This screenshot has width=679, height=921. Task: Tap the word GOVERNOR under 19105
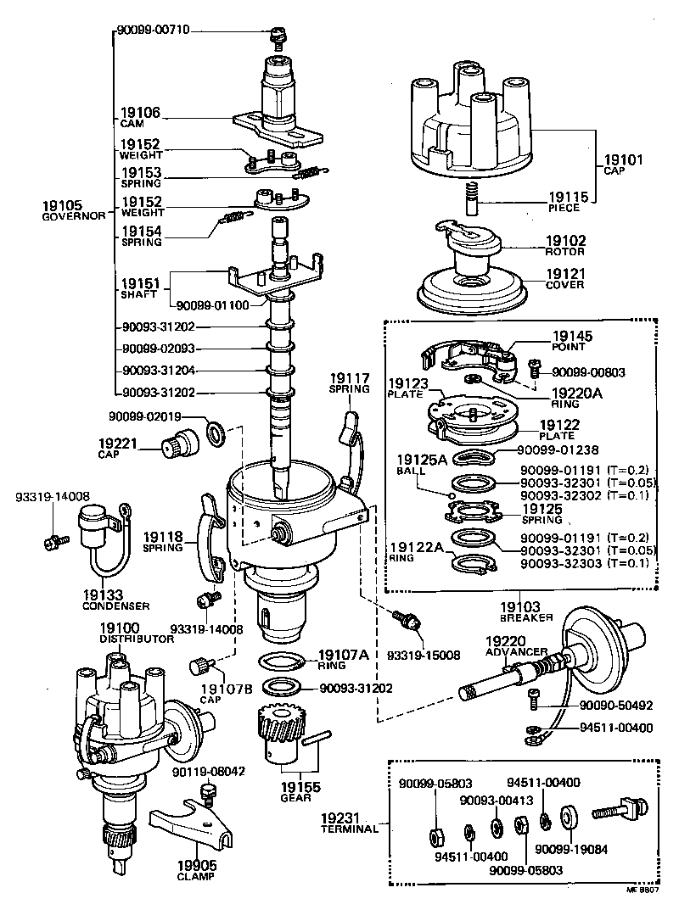(73, 216)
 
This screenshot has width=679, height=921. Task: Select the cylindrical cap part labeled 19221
(180, 441)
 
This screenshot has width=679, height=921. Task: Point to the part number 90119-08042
(209, 772)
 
